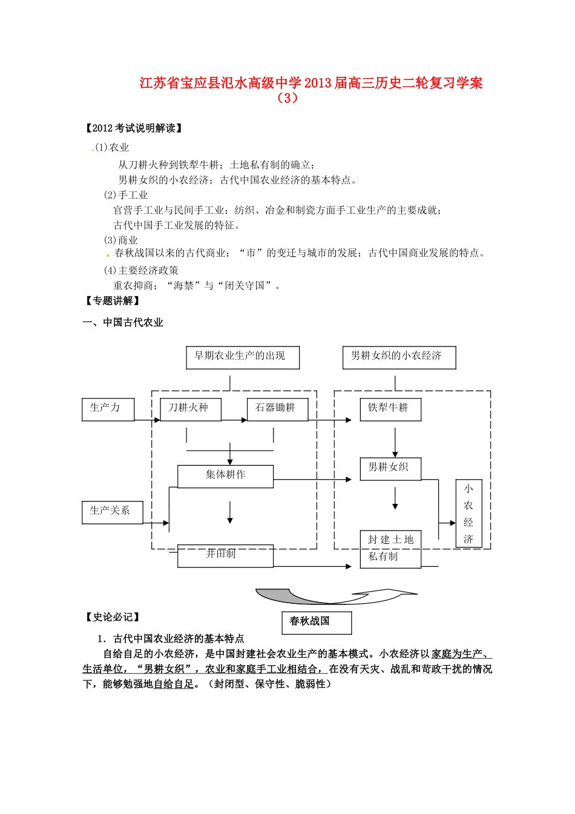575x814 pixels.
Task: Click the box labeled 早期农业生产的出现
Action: tap(243, 357)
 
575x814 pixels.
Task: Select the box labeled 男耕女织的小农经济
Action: tap(399, 357)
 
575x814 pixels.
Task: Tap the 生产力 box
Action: tap(108, 409)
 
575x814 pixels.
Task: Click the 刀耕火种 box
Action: tap(190, 409)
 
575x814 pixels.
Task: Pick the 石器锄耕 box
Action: tap(277, 409)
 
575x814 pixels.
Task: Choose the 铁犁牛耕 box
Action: tap(390, 409)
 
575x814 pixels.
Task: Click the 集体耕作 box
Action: tap(225, 476)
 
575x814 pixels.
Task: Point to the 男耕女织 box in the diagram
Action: tap(390, 468)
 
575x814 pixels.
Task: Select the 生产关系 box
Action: tap(112, 512)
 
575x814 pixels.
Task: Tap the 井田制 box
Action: tap(225, 555)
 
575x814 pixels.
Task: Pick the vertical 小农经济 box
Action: tap(468, 514)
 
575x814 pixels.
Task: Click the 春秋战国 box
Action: tap(316, 622)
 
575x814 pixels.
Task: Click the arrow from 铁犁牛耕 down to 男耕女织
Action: tap(395, 443)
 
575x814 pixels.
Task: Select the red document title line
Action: tap(311, 83)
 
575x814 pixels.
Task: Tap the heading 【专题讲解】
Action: tap(113, 300)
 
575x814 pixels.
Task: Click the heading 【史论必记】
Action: tap(113, 617)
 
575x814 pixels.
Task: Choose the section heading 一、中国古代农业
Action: tap(123, 322)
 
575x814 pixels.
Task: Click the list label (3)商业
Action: tap(121, 240)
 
